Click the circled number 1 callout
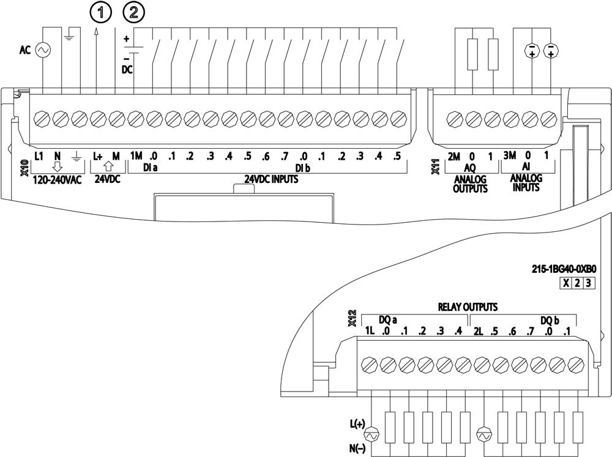[x=97, y=11]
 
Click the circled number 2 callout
[x=134, y=11]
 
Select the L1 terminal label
[x=39, y=156]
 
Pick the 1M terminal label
[x=136, y=156]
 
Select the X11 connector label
[x=435, y=167]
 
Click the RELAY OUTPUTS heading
[x=467, y=307]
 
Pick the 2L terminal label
[x=479, y=332]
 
